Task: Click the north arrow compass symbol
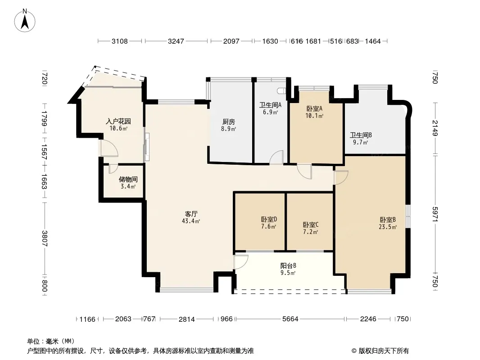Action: [25, 21]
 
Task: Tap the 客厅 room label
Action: [191, 213]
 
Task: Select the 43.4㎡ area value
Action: [191, 221]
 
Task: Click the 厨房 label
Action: [229, 122]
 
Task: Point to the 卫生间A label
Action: [271, 105]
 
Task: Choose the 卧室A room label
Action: [314, 108]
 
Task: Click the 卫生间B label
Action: [361, 135]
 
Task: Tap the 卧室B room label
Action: [388, 220]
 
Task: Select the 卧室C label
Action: [310, 225]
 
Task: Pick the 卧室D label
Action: [269, 219]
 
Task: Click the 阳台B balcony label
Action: [288, 266]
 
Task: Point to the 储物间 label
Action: [128, 179]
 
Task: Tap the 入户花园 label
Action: [118, 121]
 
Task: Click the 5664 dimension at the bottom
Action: [290, 319]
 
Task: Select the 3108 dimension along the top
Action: [120, 41]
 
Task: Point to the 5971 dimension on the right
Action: [435, 214]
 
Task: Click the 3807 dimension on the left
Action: [45, 238]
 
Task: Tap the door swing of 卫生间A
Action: [276, 157]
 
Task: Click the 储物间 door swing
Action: [113, 169]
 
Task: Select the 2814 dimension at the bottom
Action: [187, 319]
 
